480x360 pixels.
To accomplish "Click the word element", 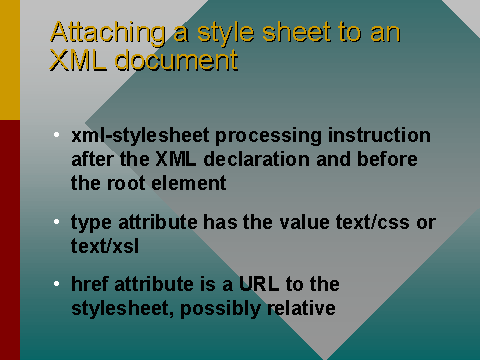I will click(x=188, y=183).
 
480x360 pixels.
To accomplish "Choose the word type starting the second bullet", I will click(x=89, y=222).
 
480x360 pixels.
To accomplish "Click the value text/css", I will click(x=367, y=222).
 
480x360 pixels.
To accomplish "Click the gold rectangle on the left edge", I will click(x=9, y=60).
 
